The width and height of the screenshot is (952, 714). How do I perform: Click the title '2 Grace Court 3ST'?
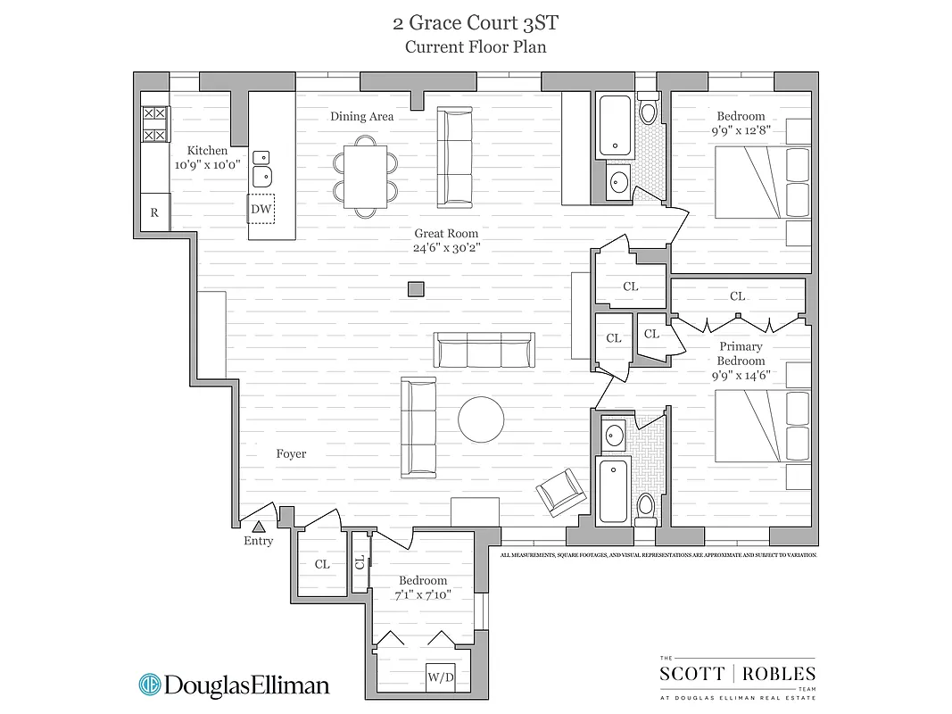point(476,21)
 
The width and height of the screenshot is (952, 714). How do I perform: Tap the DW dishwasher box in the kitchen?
point(261,209)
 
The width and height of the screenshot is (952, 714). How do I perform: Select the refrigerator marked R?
point(154,212)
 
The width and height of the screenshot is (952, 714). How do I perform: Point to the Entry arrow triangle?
point(259,527)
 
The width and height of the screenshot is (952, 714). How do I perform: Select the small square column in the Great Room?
point(415,288)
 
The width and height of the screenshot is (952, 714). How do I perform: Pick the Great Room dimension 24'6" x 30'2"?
point(446,247)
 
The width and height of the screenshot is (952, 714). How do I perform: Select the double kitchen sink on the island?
point(261,167)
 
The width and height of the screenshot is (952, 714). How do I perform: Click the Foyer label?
point(291,453)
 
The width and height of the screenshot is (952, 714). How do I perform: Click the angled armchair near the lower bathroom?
point(561,491)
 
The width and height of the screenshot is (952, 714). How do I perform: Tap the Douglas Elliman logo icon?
point(149,685)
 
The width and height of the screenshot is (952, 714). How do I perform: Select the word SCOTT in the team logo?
point(692,674)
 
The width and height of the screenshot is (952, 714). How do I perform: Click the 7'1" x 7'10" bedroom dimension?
point(424,594)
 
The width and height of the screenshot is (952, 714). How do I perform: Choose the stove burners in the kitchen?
point(154,124)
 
